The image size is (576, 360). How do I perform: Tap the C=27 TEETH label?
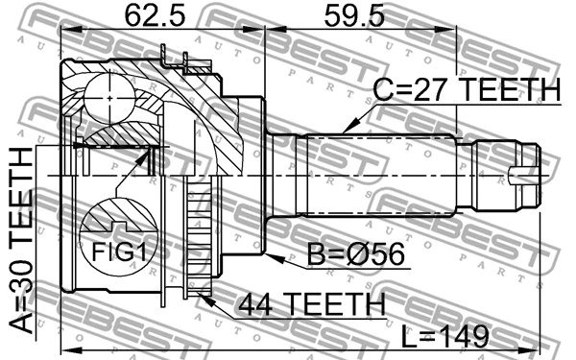coord(466,90)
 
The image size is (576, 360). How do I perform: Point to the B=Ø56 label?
coord(361,257)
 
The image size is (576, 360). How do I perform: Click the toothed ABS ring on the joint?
coord(200,240)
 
